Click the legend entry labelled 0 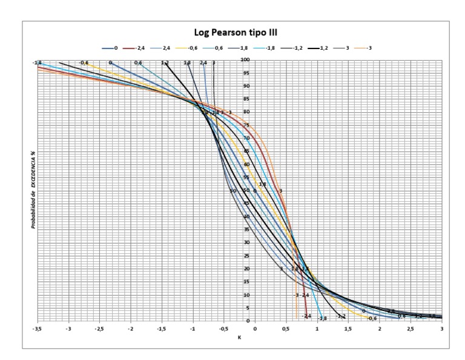pos(114,47)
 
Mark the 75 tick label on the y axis pos(247,125)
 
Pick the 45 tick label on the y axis pos(247,204)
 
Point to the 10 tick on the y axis pos(247,295)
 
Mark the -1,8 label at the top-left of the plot pos(38,62)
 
